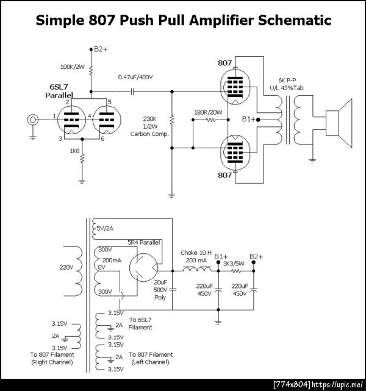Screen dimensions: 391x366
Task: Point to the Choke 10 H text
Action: click(x=196, y=253)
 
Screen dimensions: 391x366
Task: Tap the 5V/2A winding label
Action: click(x=105, y=228)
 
